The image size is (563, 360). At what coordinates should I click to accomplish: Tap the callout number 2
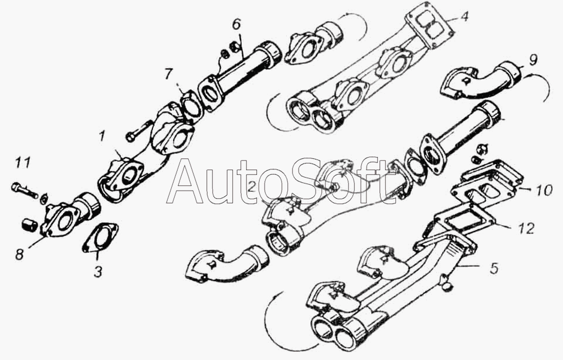252,187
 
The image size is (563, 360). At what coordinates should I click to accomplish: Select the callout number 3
98,271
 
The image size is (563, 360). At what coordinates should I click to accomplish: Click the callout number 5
494,267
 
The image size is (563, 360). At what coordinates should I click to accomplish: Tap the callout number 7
169,74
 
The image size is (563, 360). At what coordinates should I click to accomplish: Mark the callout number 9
533,60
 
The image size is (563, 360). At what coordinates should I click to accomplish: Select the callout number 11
22,162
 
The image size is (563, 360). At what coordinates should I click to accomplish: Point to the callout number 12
526,228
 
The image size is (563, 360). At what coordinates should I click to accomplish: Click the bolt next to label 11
25,191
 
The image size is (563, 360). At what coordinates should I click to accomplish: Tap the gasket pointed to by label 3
100,237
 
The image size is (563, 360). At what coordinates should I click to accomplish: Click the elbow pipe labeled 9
481,81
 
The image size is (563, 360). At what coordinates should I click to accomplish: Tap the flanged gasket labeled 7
189,105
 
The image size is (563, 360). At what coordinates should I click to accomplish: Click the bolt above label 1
138,131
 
